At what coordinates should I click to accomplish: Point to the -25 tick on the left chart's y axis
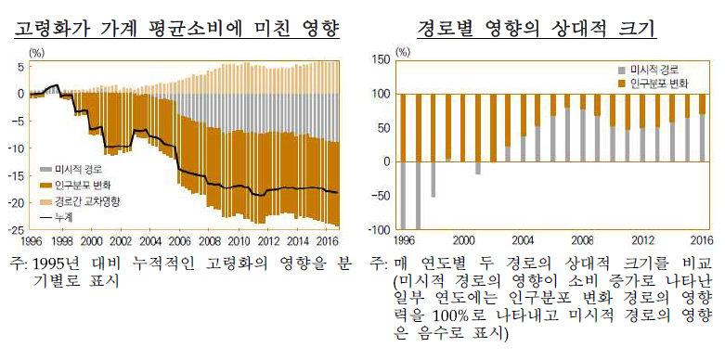17,229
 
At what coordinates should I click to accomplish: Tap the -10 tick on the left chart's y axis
17,148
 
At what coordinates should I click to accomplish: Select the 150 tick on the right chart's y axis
380,59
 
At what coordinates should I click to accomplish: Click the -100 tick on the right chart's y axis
378,229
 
